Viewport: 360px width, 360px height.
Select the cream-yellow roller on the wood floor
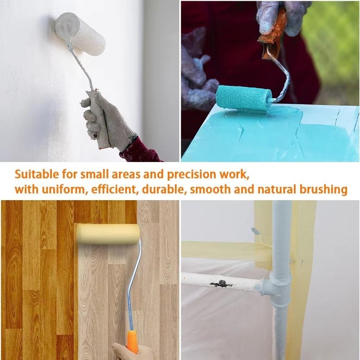click(108, 234)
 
